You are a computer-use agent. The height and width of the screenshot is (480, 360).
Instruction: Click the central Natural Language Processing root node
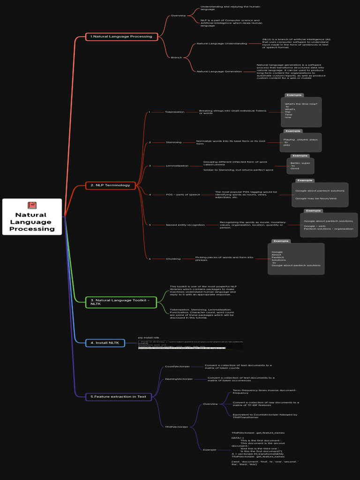point(32,217)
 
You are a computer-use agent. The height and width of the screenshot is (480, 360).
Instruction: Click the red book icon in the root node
point(32,205)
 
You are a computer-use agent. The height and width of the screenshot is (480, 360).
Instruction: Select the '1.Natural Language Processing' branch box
point(121,37)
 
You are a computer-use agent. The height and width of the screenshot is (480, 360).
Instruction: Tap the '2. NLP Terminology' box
point(111,185)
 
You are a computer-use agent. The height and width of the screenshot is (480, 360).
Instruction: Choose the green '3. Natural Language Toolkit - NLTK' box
point(121,302)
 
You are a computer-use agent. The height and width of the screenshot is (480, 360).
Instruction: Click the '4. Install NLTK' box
point(105,343)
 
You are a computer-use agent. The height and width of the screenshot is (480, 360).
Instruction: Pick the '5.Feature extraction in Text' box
point(119,397)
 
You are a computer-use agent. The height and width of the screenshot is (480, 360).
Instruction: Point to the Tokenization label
point(174,112)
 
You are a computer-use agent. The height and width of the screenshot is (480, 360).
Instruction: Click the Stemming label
point(173,142)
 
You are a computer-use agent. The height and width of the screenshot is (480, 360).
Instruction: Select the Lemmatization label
point(177,165)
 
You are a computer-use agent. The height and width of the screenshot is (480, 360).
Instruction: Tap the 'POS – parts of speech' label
point(183,195)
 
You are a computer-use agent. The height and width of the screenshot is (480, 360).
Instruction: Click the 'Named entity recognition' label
point(185,225)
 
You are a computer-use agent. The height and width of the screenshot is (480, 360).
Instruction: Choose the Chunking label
point(173,259)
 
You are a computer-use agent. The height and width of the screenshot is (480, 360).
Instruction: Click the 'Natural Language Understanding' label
point(222,44)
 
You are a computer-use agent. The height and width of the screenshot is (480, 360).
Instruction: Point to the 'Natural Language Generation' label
point(219,71)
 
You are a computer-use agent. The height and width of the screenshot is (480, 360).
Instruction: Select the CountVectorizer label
point(177,367)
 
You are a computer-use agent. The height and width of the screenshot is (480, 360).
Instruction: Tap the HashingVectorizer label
point(179,379)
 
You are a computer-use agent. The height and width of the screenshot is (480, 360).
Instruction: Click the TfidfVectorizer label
point(176,427)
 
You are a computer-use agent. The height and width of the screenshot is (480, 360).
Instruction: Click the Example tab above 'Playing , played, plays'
point(292,131)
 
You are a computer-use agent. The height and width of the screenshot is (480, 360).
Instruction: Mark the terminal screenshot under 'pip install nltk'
point(190,345)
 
